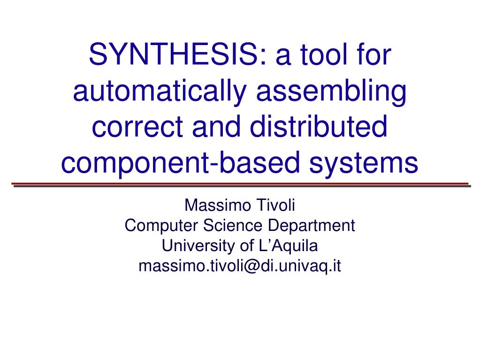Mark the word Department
pyautogui.click(x=312, y=226)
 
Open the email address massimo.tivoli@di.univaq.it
pyautogui.click(x=240, y=266)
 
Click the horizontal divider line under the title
pyautogui.click(x=240, y=184)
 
